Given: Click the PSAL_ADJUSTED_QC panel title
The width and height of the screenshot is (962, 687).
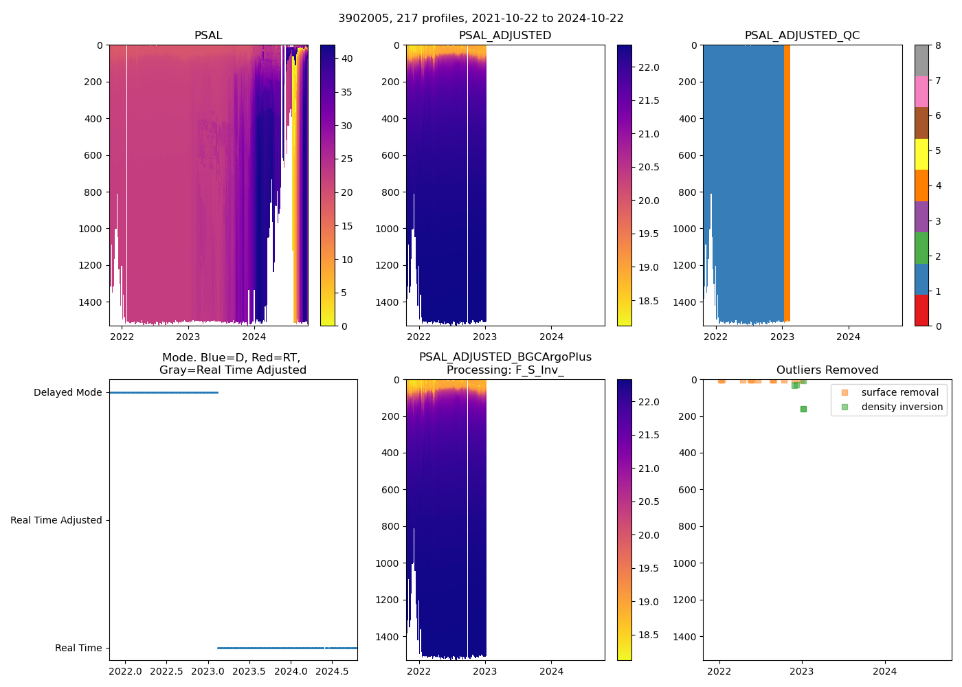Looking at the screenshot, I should point(802,36).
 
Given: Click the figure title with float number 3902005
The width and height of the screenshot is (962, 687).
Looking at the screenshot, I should point(481,19).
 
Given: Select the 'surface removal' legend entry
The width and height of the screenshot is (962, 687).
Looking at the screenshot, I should point(899,392).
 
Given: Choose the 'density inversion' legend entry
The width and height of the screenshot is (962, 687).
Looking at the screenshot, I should point(902,407).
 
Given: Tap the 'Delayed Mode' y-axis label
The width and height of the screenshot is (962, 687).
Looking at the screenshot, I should point(67,392).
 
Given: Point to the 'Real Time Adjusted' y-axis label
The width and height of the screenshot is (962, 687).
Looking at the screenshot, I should point(56,520).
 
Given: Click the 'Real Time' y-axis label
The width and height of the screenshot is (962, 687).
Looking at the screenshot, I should point(78,648).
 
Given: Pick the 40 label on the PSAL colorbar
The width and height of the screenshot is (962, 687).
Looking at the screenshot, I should point(347,58).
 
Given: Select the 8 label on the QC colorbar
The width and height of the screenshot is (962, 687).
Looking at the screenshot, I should point(938,45).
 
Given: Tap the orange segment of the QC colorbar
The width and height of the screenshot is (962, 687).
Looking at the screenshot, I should point(921,185).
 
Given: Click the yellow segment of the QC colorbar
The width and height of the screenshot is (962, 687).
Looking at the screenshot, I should point(921,154).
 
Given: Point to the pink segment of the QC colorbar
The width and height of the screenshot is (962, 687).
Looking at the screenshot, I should point(921,91).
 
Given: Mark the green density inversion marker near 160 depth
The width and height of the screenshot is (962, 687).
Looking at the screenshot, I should point(803,409).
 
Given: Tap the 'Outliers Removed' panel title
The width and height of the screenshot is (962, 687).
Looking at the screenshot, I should point(827,370).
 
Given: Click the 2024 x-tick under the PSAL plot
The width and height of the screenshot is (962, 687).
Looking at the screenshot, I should point(254,337).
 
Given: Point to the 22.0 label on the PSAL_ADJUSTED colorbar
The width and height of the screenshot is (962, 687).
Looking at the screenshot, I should point(649,67).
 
